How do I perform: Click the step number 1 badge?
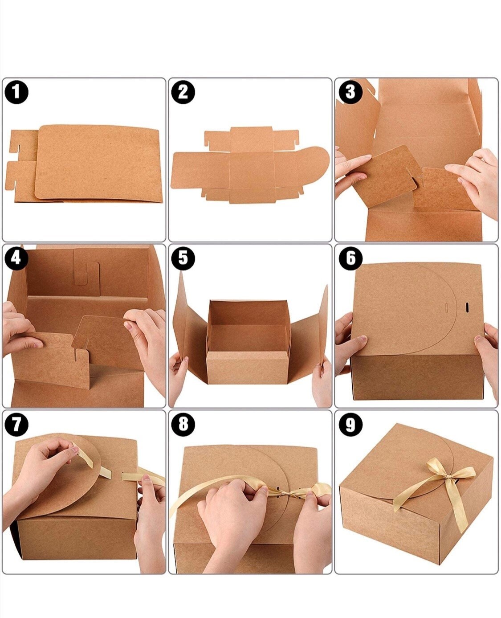click(x=16, y=93)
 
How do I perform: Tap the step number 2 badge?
click(x=183, y=93)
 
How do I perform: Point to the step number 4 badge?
click(x=16, y=258)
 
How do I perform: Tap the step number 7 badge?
click(x=16, y=425)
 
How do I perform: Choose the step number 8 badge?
click(x=183, y=425)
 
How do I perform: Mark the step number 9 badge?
click(x=350, y=425)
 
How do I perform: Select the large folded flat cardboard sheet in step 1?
click(x=98, y=163)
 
